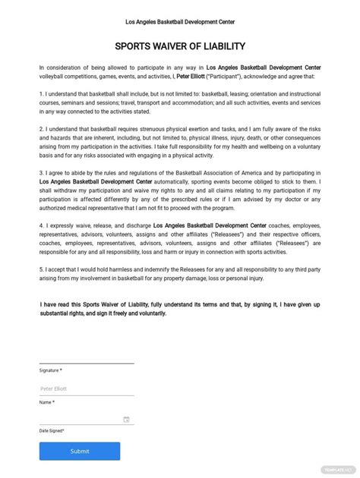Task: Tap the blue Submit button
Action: (x=79, y=451)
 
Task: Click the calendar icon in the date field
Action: (x=126, y=419)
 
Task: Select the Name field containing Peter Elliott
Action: (x=85, y=388)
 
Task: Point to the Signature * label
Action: (x=51, y=370)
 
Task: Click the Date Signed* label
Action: (x=52, y=430)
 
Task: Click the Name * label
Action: (x=47, y=402)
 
